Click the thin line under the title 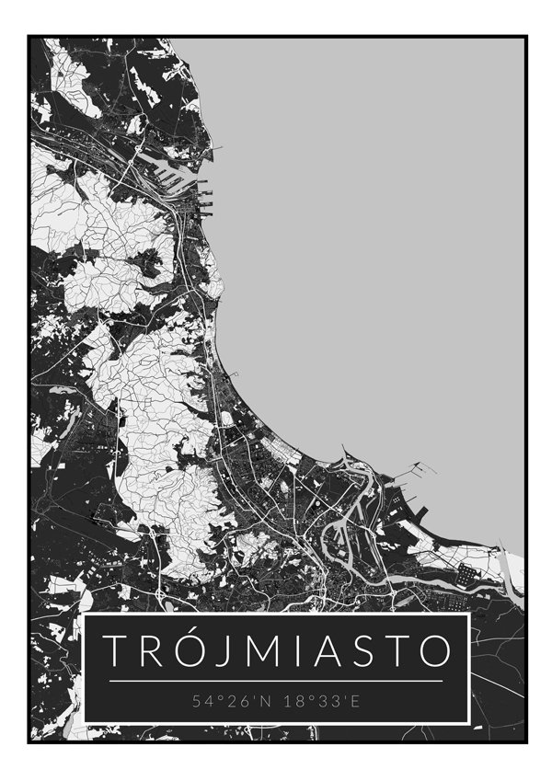[276, 681]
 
